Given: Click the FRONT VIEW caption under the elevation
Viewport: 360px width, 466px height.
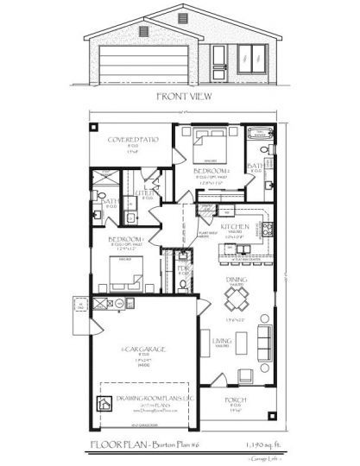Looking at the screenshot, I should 179,97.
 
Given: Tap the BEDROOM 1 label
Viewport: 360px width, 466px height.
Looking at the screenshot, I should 125,239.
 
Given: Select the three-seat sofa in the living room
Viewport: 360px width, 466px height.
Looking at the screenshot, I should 262,348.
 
